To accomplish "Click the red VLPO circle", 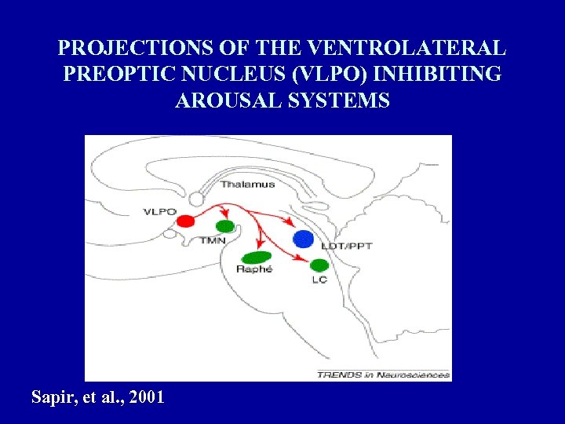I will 185,221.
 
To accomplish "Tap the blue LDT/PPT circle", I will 303,238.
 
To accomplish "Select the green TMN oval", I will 225,226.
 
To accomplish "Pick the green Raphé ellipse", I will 257,256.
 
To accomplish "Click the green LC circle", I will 319,265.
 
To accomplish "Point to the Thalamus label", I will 247,185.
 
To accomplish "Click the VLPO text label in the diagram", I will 159,211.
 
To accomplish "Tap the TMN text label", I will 212,239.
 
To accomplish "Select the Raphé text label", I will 254,269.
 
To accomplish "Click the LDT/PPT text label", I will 346,246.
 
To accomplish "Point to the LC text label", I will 319,279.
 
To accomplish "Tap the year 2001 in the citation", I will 146,397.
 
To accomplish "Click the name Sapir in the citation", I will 52,397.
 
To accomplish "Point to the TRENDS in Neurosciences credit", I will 384,375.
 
